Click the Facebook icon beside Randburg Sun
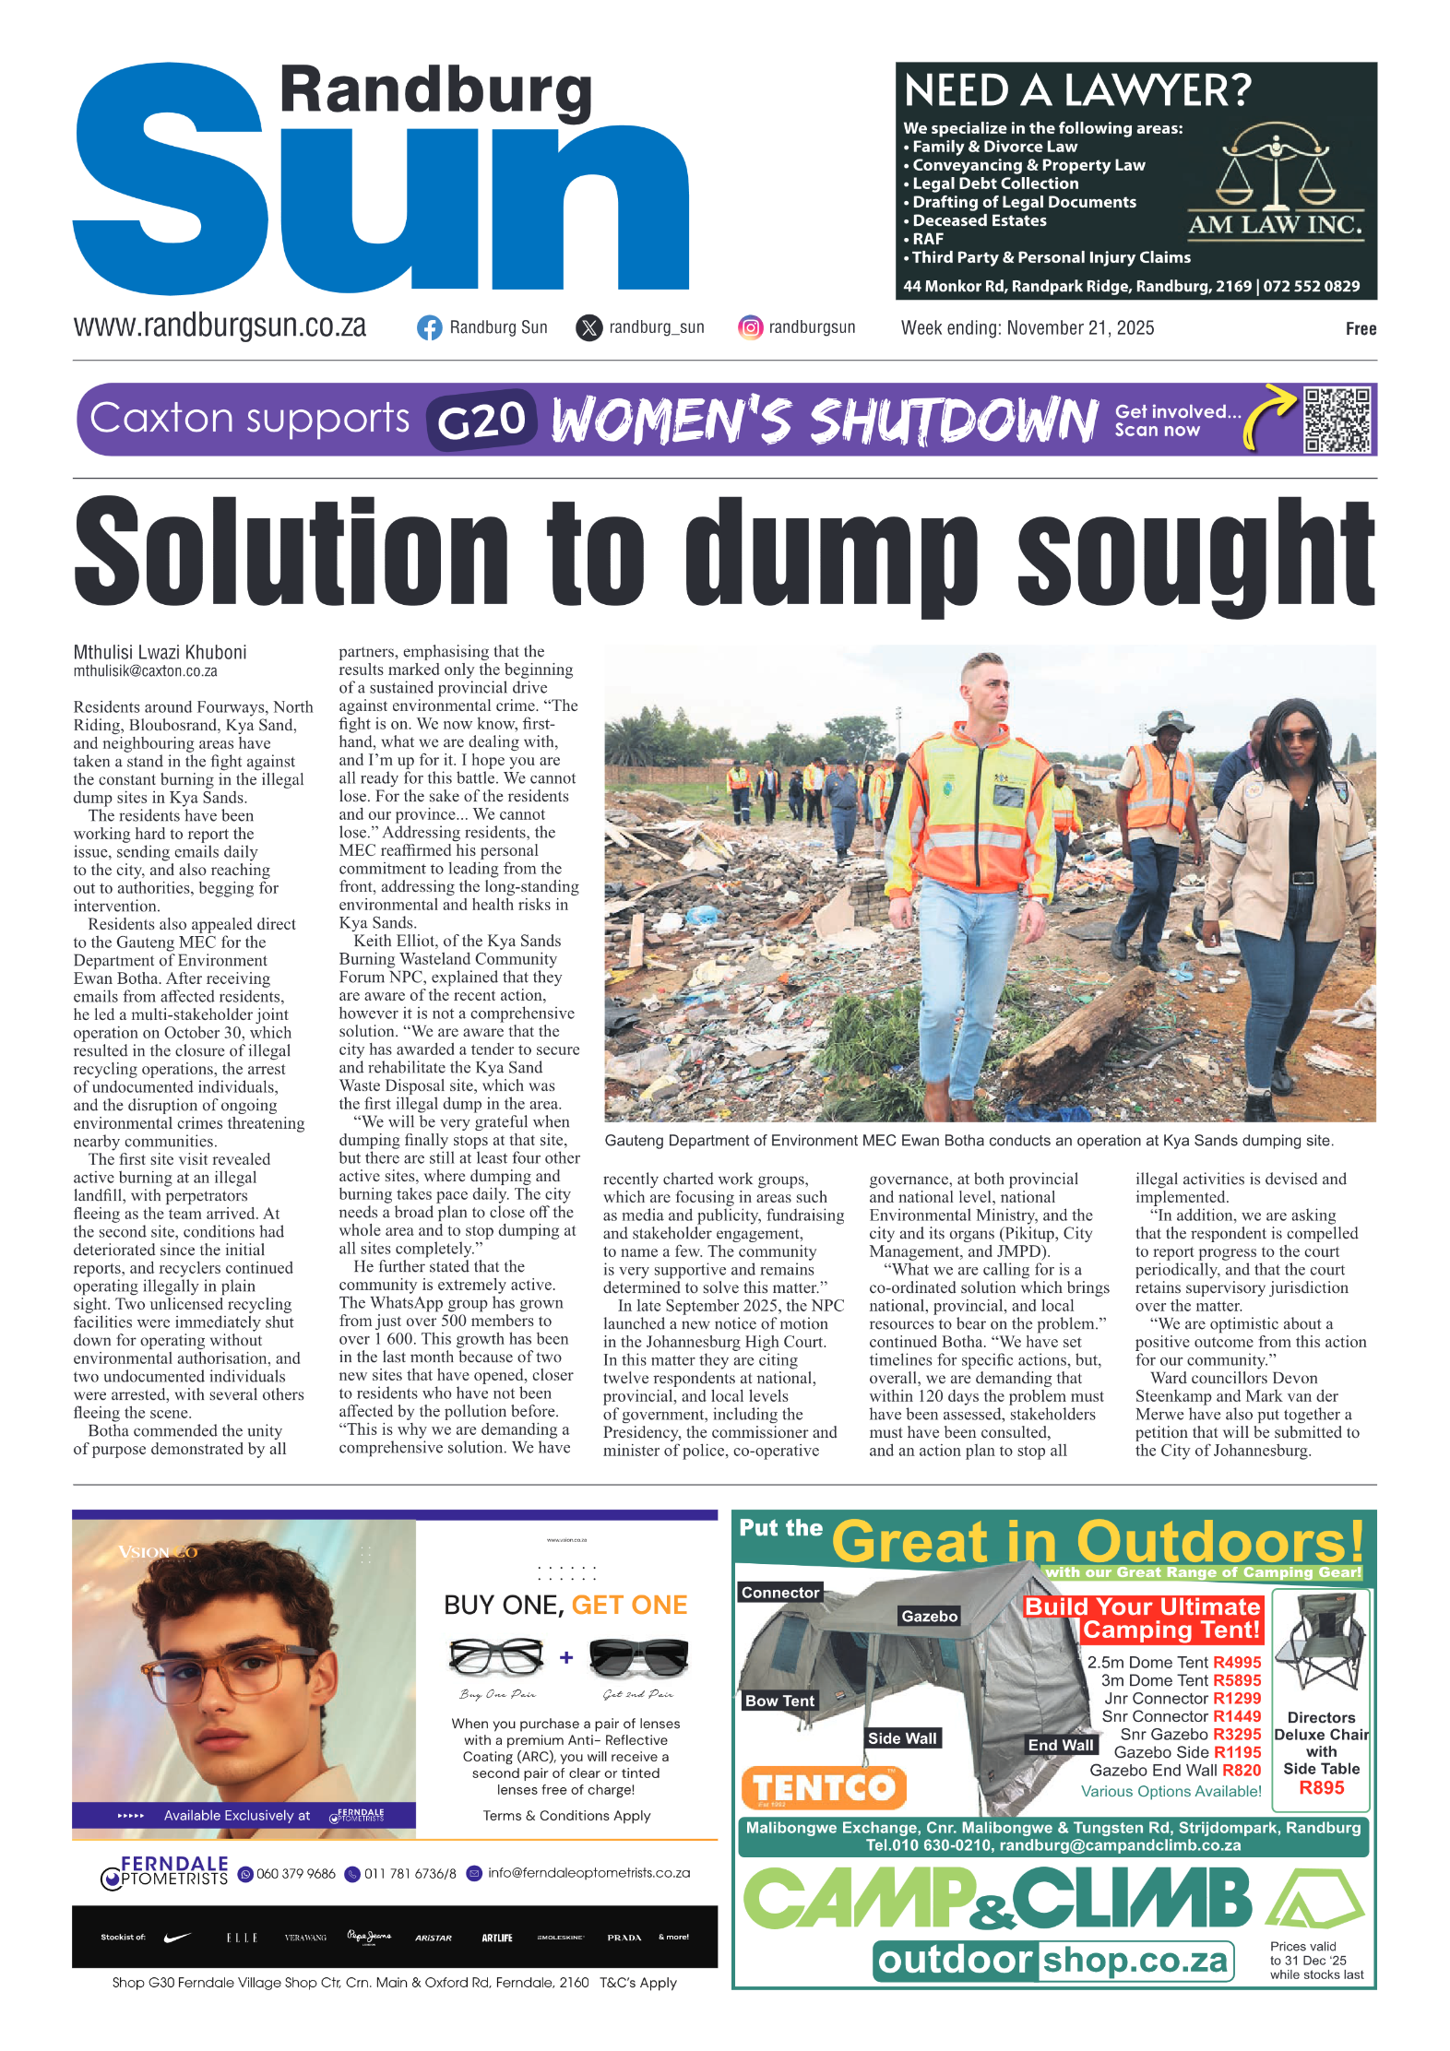429,328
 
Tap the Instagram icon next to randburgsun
751,327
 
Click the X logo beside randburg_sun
588,328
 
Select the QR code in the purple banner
1337,420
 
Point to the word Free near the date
1361,329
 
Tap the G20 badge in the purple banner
481,421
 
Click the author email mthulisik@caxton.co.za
146,671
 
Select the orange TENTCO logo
823,1787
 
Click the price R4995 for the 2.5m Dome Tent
1237,1662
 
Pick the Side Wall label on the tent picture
901,1738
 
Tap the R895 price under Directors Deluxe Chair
1321,1787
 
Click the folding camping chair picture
1319,1647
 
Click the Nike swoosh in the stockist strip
176,1937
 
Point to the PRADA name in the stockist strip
624,1938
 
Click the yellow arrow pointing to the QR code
1268,414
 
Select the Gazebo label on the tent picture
929,1616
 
